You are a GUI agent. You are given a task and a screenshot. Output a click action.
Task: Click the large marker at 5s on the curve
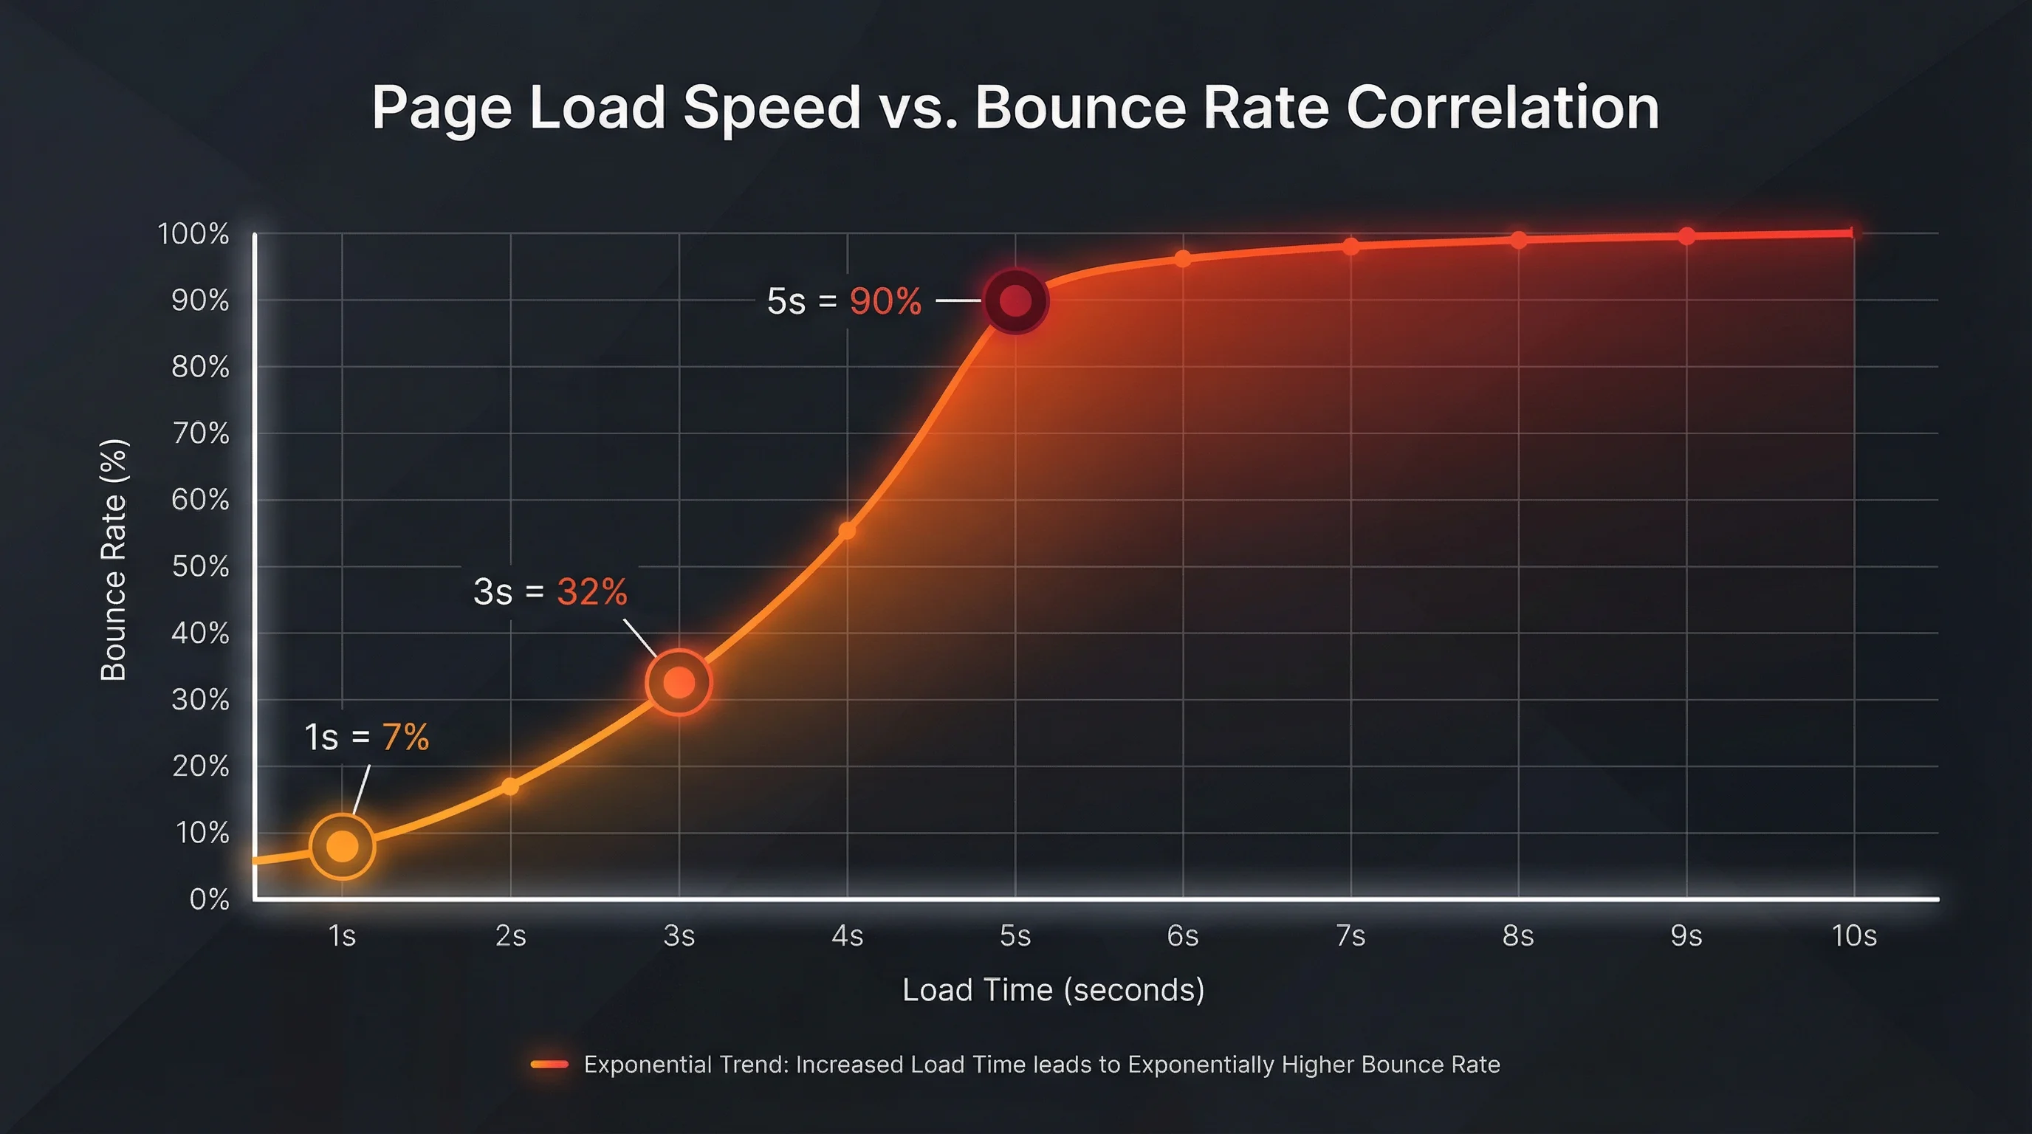click(x=1015, y=301)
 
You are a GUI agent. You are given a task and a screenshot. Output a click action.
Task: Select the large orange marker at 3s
click(x=679, y=682)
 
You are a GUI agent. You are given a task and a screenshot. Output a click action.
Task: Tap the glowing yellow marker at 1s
click(x=342, y=846)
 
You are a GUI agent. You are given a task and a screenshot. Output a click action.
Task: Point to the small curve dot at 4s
click(x=846, y=531)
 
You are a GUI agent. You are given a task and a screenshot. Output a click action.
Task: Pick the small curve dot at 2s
click(x=510, y=786)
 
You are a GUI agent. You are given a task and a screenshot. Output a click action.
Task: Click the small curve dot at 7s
click(x=1350, y=247)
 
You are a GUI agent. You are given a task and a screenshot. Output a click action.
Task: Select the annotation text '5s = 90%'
click(x=843, y=301)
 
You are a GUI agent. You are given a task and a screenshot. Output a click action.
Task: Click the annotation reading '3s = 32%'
click(x=550, y=591)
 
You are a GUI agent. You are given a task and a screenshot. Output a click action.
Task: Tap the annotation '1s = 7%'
click(x=366, y=738)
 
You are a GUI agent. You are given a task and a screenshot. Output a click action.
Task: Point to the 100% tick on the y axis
click(x=193, y=233)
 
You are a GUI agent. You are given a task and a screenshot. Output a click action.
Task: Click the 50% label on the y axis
click(x=200, y=566)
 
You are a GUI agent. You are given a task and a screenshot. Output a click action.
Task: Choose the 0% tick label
click(x=209, y=899)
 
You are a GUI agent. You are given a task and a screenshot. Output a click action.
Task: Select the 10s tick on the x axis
click(x=1854, y=936)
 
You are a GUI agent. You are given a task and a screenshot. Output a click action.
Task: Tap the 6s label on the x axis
click(x=1182, y=936)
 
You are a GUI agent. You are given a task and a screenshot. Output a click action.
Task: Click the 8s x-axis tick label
click(x=1517, y=936)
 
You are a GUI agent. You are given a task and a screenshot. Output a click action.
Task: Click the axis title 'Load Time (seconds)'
click(x=1053, y=990)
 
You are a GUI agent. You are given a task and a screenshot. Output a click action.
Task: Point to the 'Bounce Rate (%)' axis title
click(x=114, y=560)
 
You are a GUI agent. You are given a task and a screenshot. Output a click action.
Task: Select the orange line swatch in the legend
click(x=550, y=1065)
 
